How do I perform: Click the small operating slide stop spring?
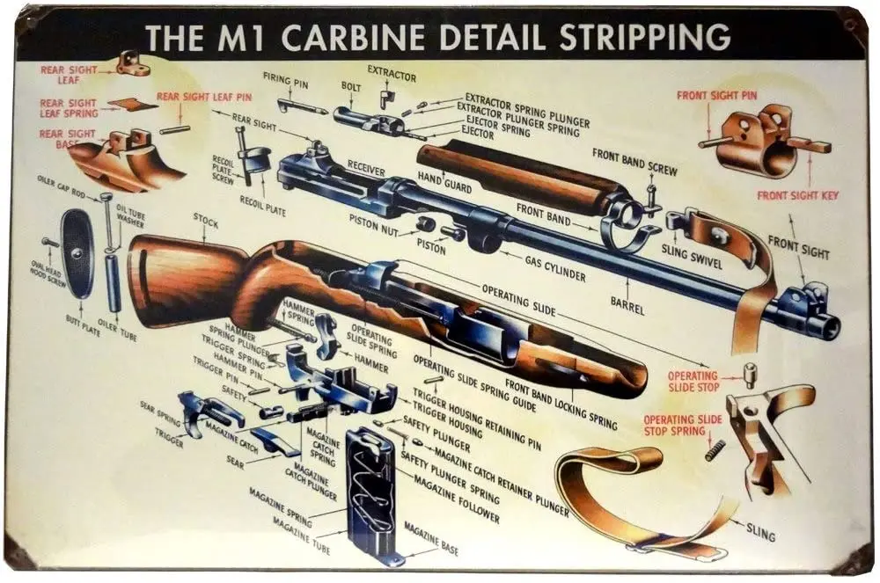715,449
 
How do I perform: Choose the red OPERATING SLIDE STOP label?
693,381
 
